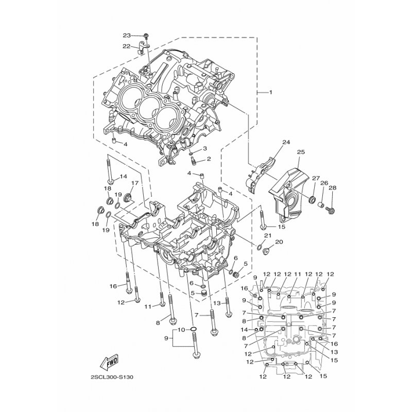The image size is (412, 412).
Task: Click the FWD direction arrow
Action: [109, 362]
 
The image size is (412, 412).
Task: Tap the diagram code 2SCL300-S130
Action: [112, 377]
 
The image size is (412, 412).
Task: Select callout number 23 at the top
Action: [127, 36]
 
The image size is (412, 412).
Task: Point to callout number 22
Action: [127, 46]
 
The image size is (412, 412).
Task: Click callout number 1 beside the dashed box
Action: [270, 92]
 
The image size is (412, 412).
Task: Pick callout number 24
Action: [286, 142]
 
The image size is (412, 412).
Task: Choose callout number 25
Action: [301, 152]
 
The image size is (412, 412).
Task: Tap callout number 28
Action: [332, 188]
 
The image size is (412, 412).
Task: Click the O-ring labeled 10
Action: [193, 329]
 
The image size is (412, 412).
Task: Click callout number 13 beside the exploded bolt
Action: [217, 303]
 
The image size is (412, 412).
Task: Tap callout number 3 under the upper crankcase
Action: [204, 148]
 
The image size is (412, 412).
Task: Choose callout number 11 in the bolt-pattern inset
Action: [298, 274]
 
